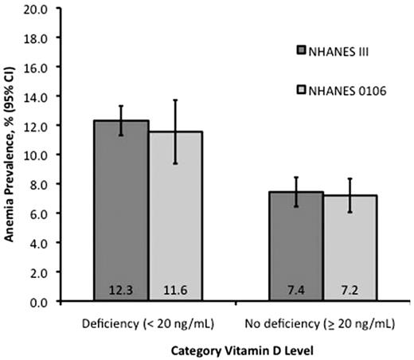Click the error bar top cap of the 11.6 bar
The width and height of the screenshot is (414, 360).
point(175,100)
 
